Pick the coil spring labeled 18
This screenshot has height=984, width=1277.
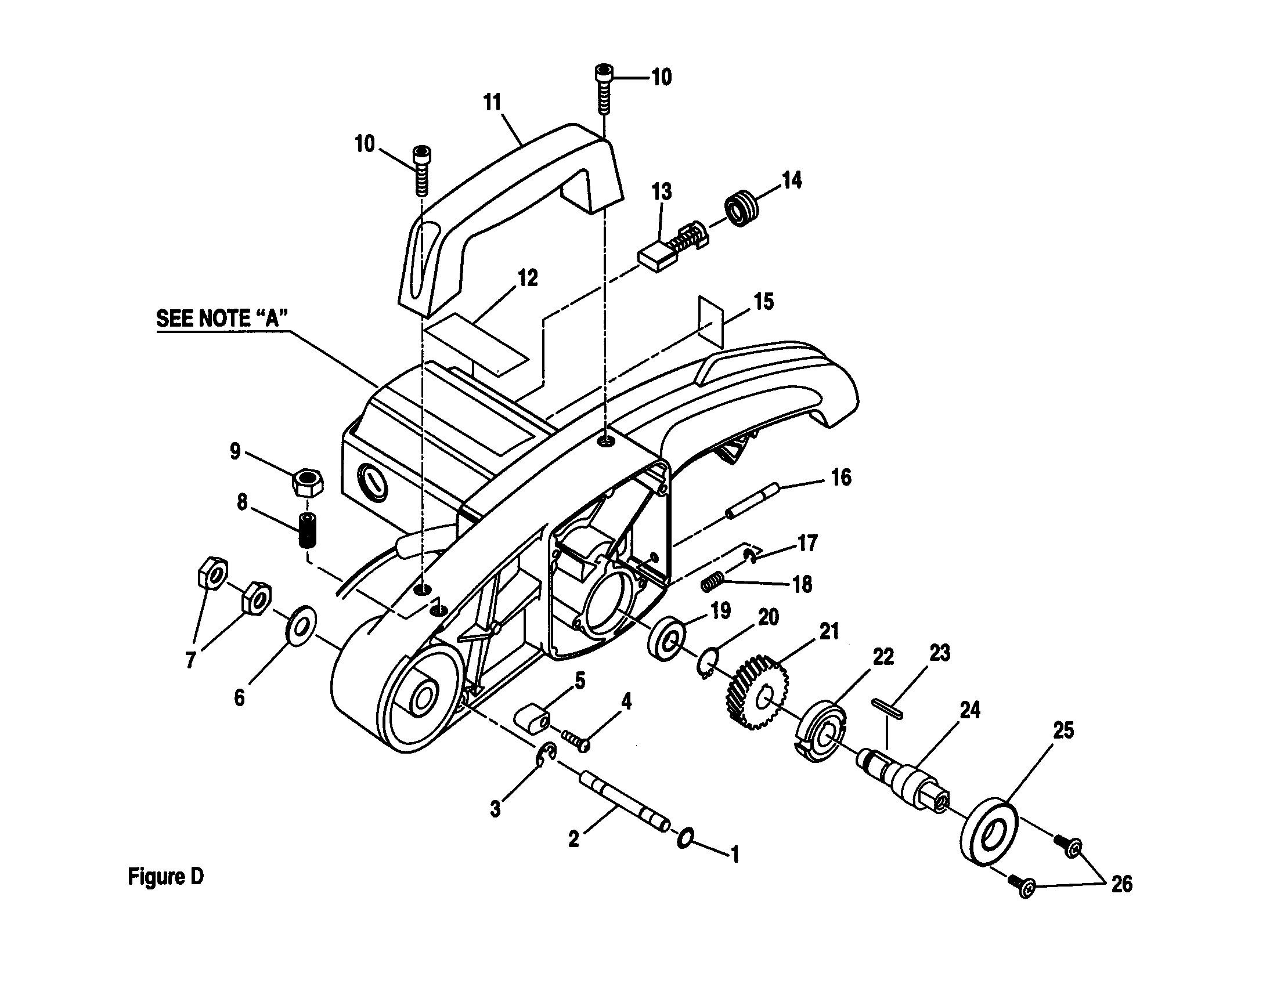[713, 582]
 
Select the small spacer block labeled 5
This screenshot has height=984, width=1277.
[533, 720]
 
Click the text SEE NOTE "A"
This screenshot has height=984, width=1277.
[222, 319]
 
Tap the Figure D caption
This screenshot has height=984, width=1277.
[166, 877]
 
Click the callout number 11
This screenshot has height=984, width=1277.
[492, 102]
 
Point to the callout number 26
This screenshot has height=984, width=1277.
[1121, 884]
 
